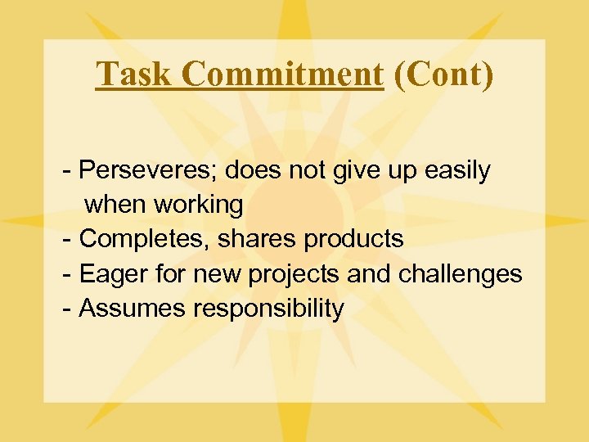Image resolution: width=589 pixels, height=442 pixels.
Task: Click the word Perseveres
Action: pos(148,170)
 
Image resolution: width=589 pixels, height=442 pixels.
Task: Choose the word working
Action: pos(203,205)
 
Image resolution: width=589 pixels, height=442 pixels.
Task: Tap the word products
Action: pos(353,239)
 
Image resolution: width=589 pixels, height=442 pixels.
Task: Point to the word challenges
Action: pos(460,274)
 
